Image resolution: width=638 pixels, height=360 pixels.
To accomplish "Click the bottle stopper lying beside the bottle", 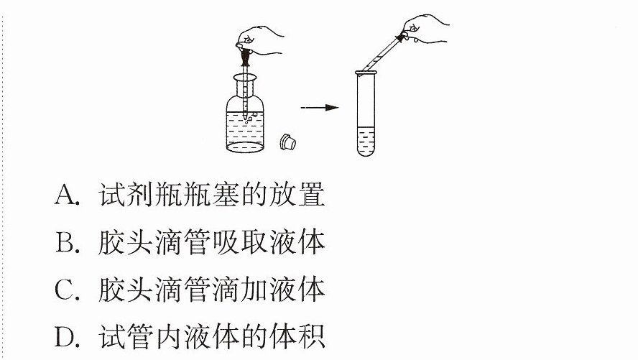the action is (x=287, y=142).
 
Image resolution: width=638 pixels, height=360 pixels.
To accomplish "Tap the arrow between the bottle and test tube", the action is (x=320, y=107).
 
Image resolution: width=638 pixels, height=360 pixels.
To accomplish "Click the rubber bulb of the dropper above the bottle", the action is (x=245, y=57).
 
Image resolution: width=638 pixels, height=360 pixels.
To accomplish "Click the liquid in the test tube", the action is (x=366, y=141).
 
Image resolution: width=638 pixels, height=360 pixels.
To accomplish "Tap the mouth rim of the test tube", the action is (x=366, y=73).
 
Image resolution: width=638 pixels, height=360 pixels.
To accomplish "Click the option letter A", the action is (x=67, y=195).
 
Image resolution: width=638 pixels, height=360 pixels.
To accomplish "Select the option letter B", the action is (x=67, y=242).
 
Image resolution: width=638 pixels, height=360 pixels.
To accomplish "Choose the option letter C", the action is (x=67, y=290).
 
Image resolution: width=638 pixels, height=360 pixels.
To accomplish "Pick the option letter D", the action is (x=67, y=337).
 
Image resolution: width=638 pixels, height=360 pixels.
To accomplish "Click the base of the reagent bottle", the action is (x=245, y=147).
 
